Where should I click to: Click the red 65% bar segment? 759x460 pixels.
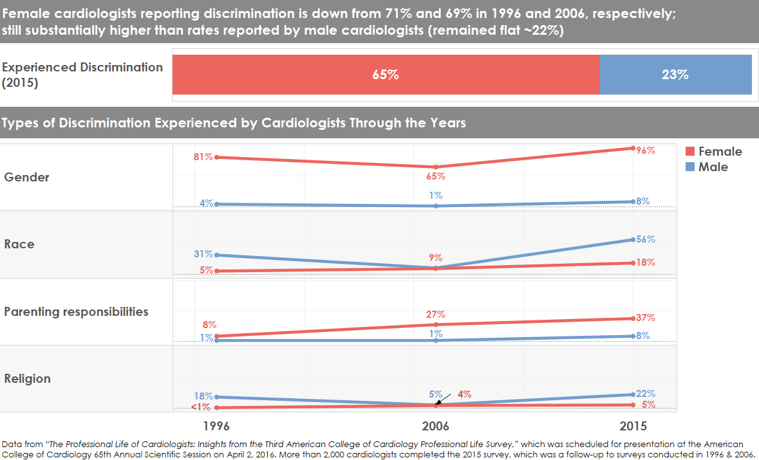pyautogui.click(x=386, y=75)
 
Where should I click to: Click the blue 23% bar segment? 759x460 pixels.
pyautogui.click(x=675, y=75)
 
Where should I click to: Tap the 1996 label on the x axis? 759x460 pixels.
pyautogui.click(x=217, y=427)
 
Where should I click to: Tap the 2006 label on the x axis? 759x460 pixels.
pyautogui.click(x=436, y=427)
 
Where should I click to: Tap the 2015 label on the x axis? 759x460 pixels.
pyautogui.click(x=633, y=427)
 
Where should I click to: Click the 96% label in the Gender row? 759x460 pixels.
pyautogui.click(x=646, y=151)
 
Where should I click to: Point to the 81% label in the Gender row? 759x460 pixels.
pyautogui.click(x=203, y=156)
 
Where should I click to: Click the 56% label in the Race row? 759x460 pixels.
pyautogui.click(x=646, y=239)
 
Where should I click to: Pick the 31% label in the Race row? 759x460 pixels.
pyautogui.click(x=203, y=254)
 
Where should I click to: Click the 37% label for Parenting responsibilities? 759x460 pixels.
pyautogui.click(x=646, y=318)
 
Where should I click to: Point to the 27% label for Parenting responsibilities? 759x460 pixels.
pyautogui.click(x=436, y=315)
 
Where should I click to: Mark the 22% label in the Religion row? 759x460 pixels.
pyautogui.click(x=646, y=394)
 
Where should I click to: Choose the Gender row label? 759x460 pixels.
pyautogui.click(x=27, y=178)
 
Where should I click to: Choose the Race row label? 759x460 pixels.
pyautogui.click(x=19, y=244)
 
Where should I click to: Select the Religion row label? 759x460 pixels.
pyautogui.click(x=28, y=379)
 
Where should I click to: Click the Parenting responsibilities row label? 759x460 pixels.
pyautogui.click(x=76, y=312)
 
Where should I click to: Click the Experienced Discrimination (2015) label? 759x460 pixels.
pyautogui.click(x=82, y=75)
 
